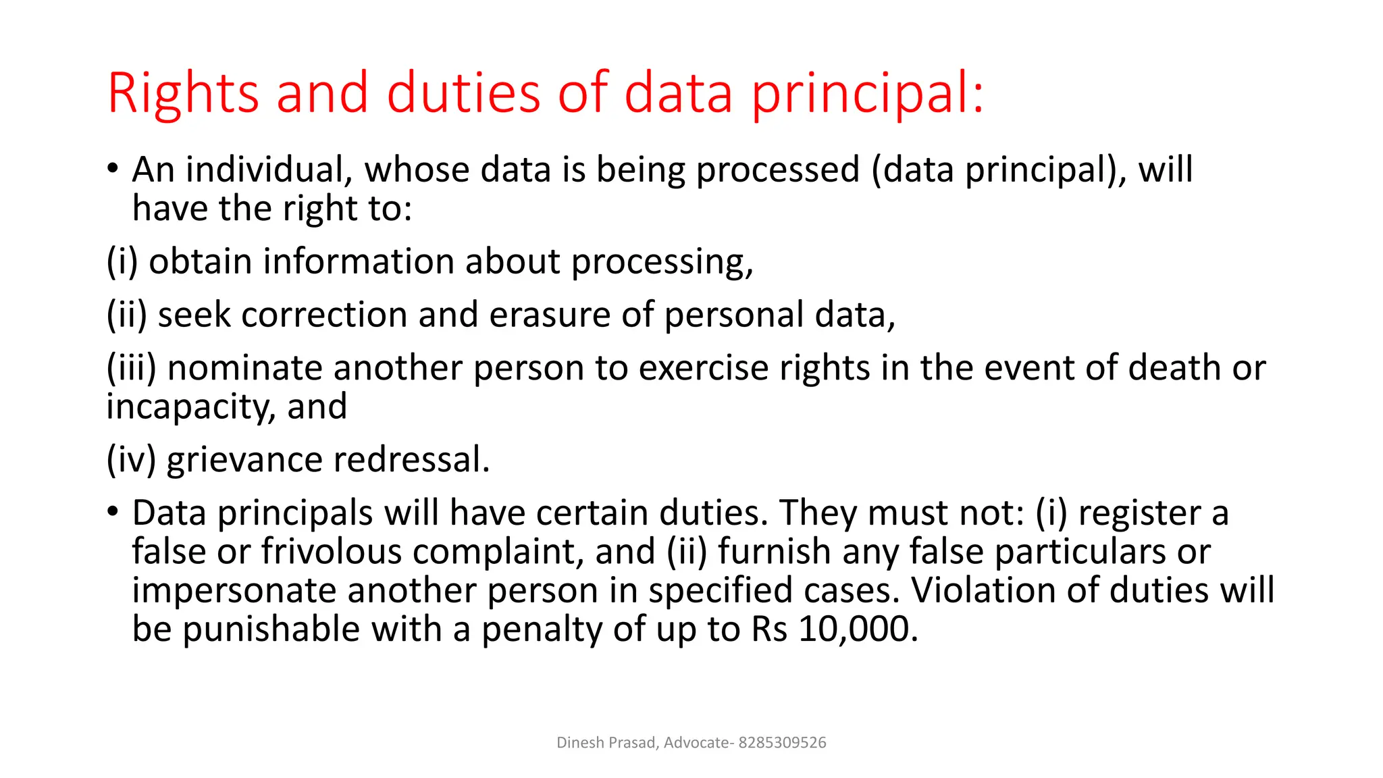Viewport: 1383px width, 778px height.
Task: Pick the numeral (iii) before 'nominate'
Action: tap(131, 368)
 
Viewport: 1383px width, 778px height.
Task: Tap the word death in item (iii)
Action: tap(1174, 368)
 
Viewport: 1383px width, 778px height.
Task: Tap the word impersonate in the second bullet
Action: tap(234, 590)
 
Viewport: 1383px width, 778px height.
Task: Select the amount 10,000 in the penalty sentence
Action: tap(858, 629)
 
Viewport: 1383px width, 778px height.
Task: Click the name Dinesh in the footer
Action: tap(580, 743)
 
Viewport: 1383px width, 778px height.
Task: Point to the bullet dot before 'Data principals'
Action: tap(113, 511)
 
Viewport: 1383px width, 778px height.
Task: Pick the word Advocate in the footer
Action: tap(696, 743)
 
